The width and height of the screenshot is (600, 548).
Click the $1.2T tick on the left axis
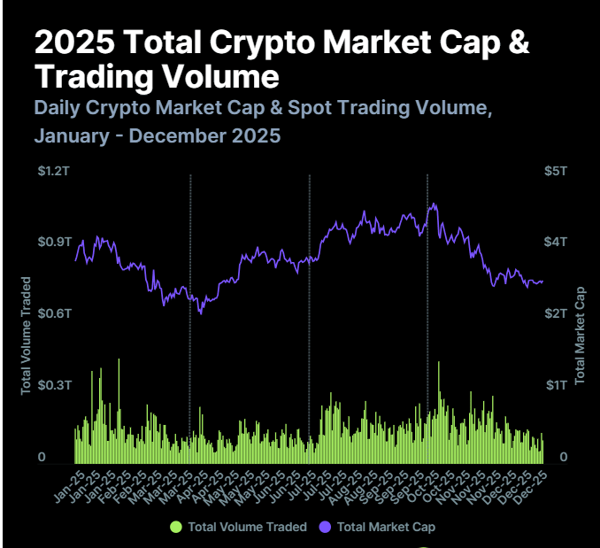[x=54, y=171]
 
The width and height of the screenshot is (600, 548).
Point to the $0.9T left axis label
[x=54, y=242]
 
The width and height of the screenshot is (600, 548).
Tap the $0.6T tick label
[x=54, y=313]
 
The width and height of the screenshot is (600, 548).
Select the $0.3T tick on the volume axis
[x=54, y=385]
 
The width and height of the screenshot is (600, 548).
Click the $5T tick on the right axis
[x=556, y=171]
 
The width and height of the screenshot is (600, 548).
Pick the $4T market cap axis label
[x=556, y=242]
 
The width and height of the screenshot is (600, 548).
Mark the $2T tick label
[x=556, y=313]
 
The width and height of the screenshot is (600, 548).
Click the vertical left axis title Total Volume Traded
[x=26, y=336]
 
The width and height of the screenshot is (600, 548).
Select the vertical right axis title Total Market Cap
[x=580, y=336]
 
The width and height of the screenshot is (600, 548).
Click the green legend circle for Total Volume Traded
[x=176, y=527]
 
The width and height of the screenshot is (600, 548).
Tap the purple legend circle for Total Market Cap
[x=325, y=527]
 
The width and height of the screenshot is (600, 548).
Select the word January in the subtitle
[x=72, y=135]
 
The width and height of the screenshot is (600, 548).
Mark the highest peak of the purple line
[x=433, y=204]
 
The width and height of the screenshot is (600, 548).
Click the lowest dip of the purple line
[x=201, y=313]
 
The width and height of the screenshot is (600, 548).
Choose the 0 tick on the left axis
[x=42, y=457]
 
